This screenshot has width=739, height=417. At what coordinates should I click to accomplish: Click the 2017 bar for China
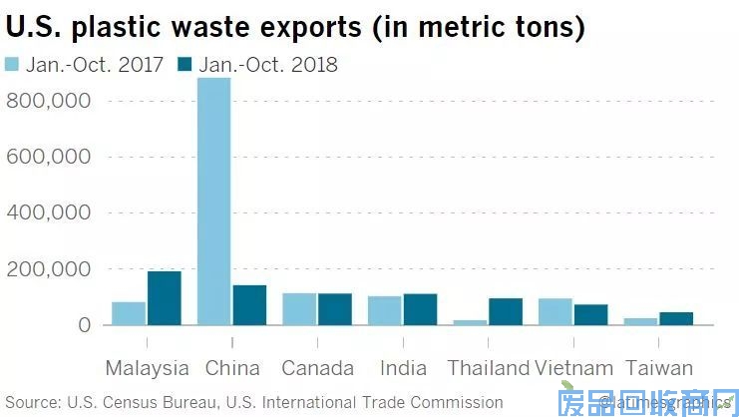(x=214, y=201)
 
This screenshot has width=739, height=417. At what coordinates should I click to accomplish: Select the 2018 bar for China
(x=249, y=305)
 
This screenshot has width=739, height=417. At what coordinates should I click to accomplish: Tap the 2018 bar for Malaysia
(x=164, y=298)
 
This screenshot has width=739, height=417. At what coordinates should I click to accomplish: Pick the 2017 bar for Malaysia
(x=129, y=313)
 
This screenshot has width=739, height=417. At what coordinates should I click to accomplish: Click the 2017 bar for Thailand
(x=471, y=322)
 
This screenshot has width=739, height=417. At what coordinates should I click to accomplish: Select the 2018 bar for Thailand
(x=506, y=311)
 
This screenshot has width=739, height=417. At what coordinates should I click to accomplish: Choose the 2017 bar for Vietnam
(x=555, y=311)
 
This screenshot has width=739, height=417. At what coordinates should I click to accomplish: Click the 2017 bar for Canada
(x=299, y=309)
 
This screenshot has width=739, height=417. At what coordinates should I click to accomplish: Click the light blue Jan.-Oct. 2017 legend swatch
(x=13, y=66)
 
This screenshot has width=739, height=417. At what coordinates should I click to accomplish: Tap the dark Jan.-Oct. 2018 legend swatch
(x=185, y=66)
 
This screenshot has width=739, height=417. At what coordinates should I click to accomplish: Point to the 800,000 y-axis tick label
(x=49, y=101)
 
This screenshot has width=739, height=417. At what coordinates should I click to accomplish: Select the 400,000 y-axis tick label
(x=49, y=212)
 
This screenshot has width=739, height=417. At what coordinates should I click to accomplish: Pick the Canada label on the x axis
(x=317, y=368)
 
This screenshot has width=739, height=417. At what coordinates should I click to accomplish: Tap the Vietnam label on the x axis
(x=572, y=368)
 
